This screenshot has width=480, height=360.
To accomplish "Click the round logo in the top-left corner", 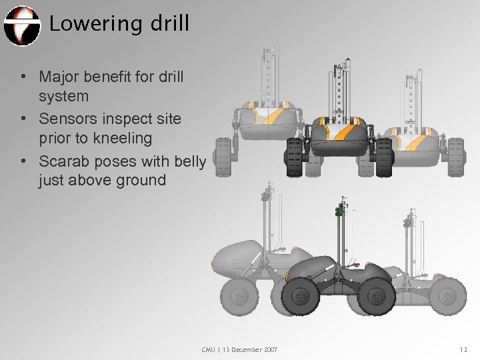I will click(21, 25).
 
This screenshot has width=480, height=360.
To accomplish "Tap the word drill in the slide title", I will click(169, 24).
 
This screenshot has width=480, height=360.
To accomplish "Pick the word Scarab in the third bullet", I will click(65, 161).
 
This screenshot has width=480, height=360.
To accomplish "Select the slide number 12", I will click(464, 350).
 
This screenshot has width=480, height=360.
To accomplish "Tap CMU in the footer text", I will click(209, 350).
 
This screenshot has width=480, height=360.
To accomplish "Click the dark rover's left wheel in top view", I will click(293, 157).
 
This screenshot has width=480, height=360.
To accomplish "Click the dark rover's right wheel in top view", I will click(384, 157).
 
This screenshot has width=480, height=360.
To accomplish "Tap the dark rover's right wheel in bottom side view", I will click(376, 295).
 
